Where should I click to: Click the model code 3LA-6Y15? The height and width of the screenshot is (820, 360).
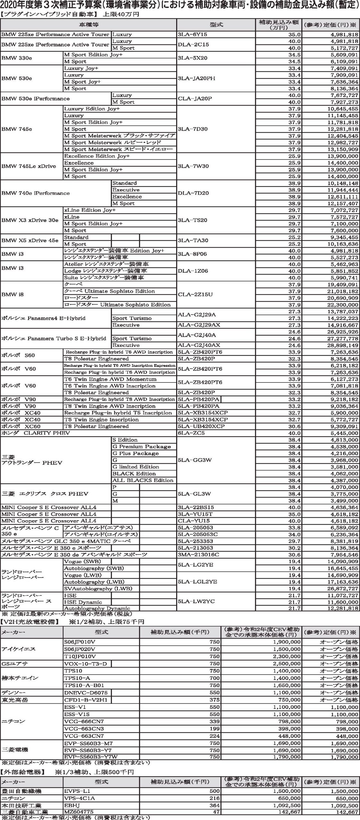192,35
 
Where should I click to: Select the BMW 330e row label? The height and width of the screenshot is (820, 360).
17,58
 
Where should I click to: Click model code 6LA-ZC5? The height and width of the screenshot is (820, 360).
191,433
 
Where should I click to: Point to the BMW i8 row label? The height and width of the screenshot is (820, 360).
12,294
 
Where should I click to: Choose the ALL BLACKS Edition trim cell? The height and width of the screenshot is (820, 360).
143,480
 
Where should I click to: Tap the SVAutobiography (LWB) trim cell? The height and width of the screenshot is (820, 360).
94,588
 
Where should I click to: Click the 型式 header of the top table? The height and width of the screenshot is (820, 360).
216,25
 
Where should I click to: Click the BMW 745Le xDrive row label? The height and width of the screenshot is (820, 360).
29,166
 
